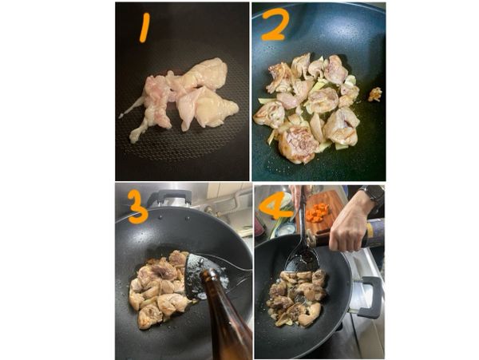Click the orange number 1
click(144, 28)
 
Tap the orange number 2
click(275, 26)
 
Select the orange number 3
click(137, 206)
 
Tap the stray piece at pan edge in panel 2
click(374, 94)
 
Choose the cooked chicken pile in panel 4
click(297, 299)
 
